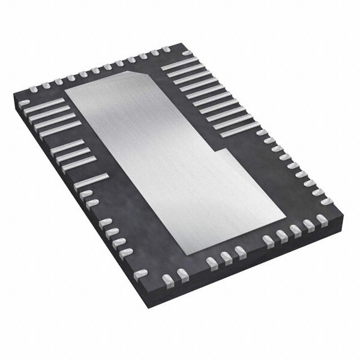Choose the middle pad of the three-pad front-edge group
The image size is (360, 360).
(x=225, y=257)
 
